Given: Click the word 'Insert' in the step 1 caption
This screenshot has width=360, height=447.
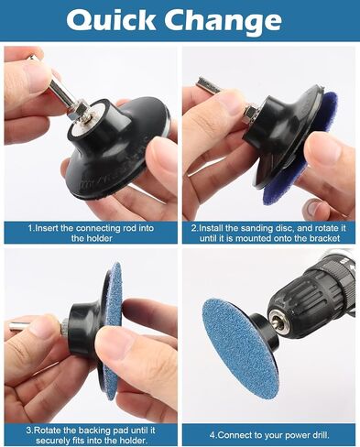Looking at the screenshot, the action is pyautogui.click(x=49, y=228).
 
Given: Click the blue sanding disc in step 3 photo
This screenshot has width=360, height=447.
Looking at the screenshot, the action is pyautogui.click(x=114, y=332).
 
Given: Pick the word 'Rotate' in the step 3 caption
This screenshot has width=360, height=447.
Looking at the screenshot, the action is pyautogui.click(x=47, y=431).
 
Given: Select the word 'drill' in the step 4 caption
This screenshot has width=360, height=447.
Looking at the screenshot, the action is pyautogui.click(x=321, y=435).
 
